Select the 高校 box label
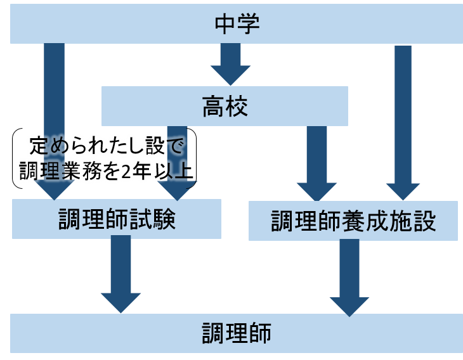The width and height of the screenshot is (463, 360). pos(225,106)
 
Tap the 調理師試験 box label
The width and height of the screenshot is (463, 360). pos(117,219)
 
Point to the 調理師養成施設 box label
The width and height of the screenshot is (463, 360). pos(353,222)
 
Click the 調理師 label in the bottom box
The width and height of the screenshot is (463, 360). pos(237,333)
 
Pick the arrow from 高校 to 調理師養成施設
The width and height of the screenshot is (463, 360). pos(316,162)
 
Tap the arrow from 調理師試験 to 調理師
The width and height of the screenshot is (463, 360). pos(121,273)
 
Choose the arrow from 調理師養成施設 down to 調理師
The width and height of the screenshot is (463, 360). pos(349,276)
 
